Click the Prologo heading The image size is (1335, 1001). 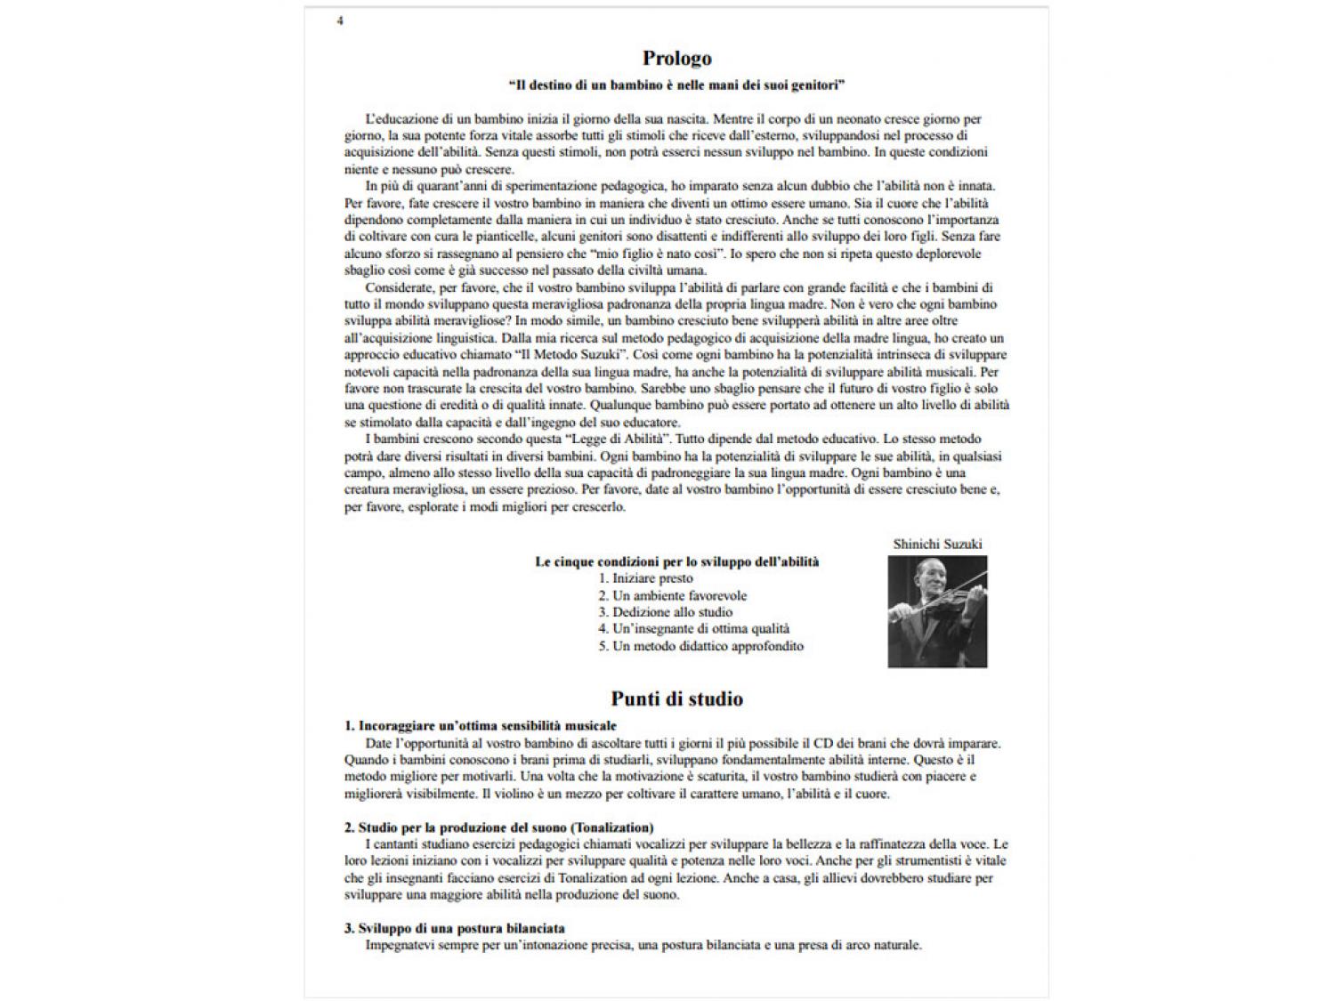coord(676,59)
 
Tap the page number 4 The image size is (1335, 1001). coord(340,20)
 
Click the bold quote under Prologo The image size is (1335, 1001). coord(676,85)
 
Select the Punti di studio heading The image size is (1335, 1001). coord(676,698)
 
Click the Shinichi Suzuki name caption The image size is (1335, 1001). coord(937,544)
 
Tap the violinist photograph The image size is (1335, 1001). coord(937,611)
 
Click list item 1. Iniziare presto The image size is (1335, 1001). coord(645,578)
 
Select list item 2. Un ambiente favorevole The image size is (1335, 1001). coord(672,595)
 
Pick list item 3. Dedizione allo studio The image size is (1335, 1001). coord(665,612)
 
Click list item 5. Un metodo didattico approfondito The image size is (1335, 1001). coord(700,646)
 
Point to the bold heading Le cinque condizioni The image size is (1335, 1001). coord(676,561)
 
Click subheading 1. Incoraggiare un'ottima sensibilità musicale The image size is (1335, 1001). coord(480,726)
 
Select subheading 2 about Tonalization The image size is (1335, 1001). coord(498,827)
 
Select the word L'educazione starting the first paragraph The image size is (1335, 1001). coord(400,118)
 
